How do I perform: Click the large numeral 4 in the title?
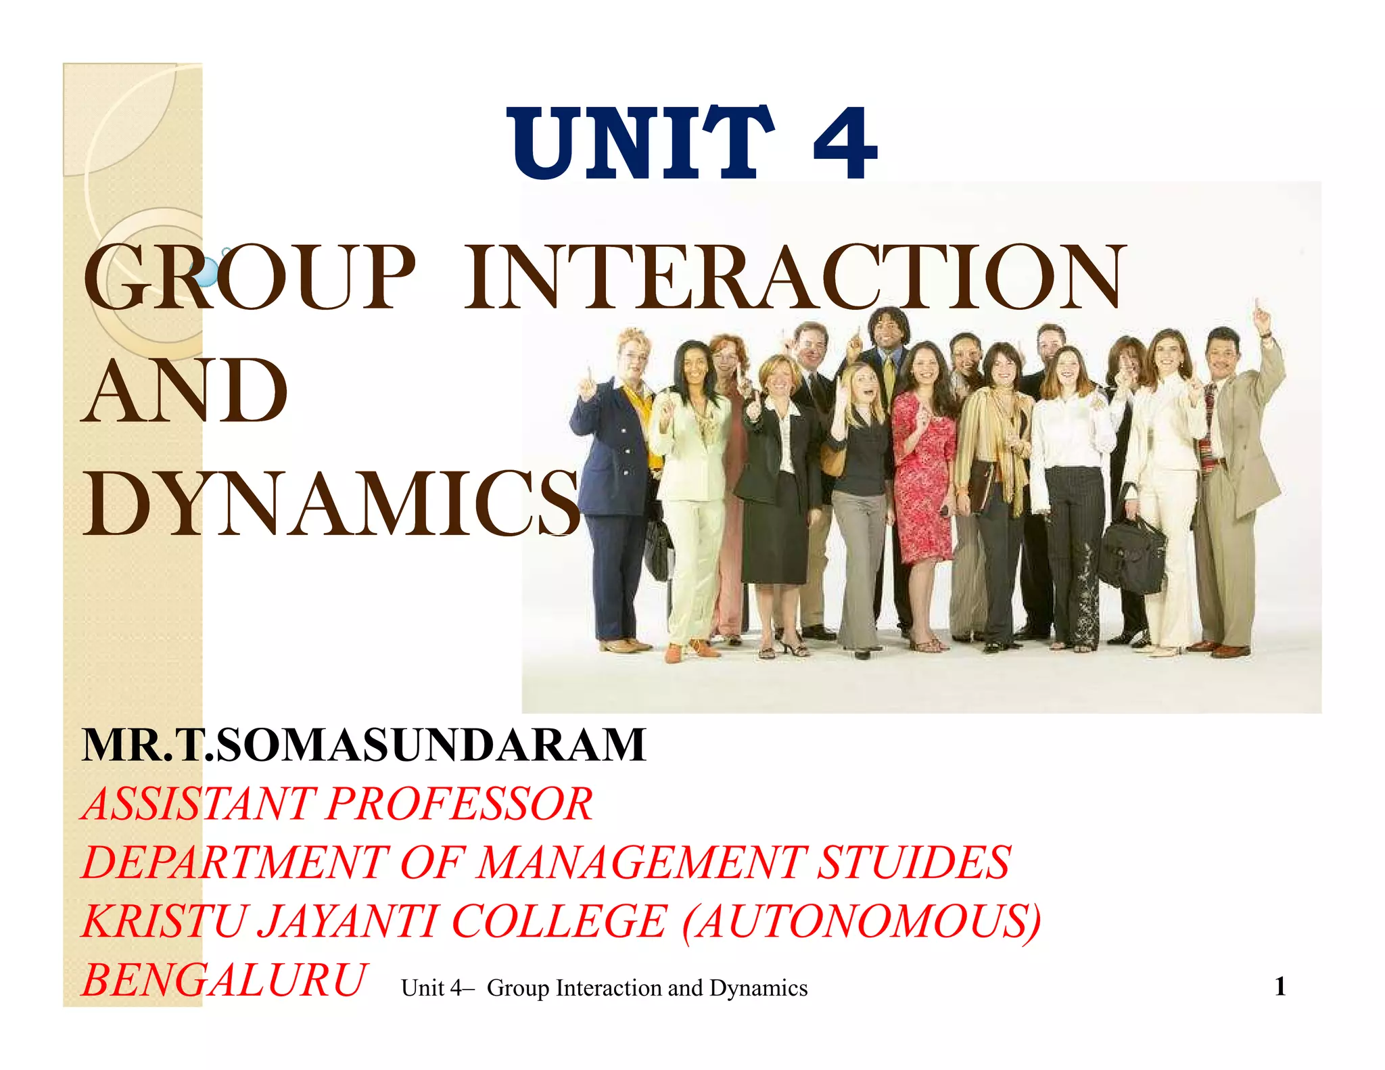(845, 143)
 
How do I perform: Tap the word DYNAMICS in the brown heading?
(331, 504)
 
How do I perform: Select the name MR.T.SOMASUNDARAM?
(364, 745)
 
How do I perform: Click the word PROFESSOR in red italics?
(460, 804)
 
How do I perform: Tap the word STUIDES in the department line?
(914, 863)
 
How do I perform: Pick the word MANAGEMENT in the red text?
(642, 863)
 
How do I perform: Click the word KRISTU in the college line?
(162, 922)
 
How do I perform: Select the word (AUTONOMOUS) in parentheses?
(862, 922)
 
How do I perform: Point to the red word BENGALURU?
(224, 980)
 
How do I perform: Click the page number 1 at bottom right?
(1280, 987)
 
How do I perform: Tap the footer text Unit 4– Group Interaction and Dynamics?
(604, 988)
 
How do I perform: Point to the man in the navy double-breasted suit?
(615, 473)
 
